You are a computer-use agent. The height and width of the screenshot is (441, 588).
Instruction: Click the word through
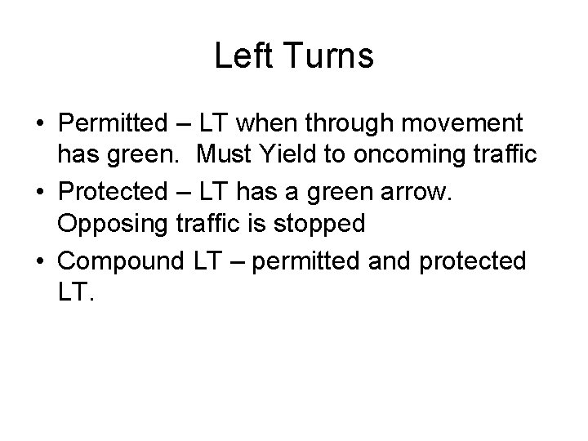click(357, 124)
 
